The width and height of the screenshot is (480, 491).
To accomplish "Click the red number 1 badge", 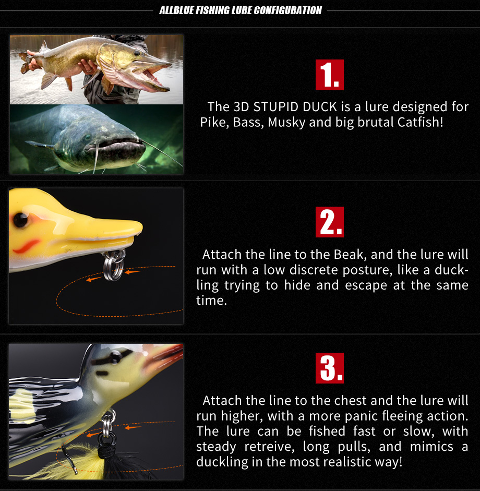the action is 329,75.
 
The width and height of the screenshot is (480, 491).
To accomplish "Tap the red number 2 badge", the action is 329,222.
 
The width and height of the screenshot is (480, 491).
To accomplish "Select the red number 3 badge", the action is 329,368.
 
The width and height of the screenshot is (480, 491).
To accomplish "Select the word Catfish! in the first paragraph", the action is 420,122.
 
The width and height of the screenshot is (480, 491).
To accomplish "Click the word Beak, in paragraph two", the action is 350,255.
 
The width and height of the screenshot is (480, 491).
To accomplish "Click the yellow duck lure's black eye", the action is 21,220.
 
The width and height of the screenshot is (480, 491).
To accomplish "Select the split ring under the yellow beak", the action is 114,265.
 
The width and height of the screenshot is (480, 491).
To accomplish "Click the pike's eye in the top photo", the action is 137,53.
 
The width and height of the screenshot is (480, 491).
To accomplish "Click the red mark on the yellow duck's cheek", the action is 26,246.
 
